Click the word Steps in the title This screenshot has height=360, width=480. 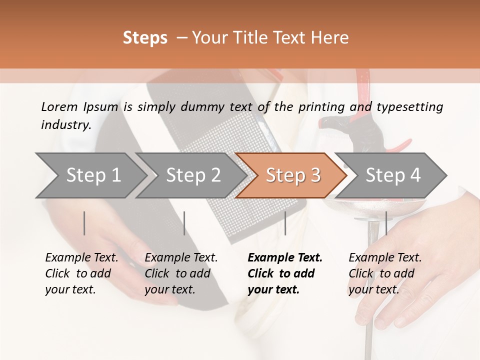coord(145,38)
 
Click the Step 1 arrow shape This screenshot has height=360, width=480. coord(93,175)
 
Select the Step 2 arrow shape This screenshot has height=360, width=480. coord(193,175)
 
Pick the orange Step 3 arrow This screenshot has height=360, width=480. coord(293,175)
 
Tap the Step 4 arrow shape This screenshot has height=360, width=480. coord(393,175)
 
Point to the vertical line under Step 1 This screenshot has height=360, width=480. coord(84,223)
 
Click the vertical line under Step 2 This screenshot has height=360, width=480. coord(184,223)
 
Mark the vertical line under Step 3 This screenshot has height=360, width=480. coord(285,223)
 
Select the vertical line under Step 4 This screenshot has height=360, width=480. coord(386,223)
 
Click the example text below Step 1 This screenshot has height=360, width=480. coord(81,273)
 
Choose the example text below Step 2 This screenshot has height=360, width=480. coord(181,273)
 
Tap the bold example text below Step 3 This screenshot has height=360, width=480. coord(285,273)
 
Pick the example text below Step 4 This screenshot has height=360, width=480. coord(385,273)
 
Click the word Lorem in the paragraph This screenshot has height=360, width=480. coord(59,106)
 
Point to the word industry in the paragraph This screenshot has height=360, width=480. coord(65,125)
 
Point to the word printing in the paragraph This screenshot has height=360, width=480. coord(319,107)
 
